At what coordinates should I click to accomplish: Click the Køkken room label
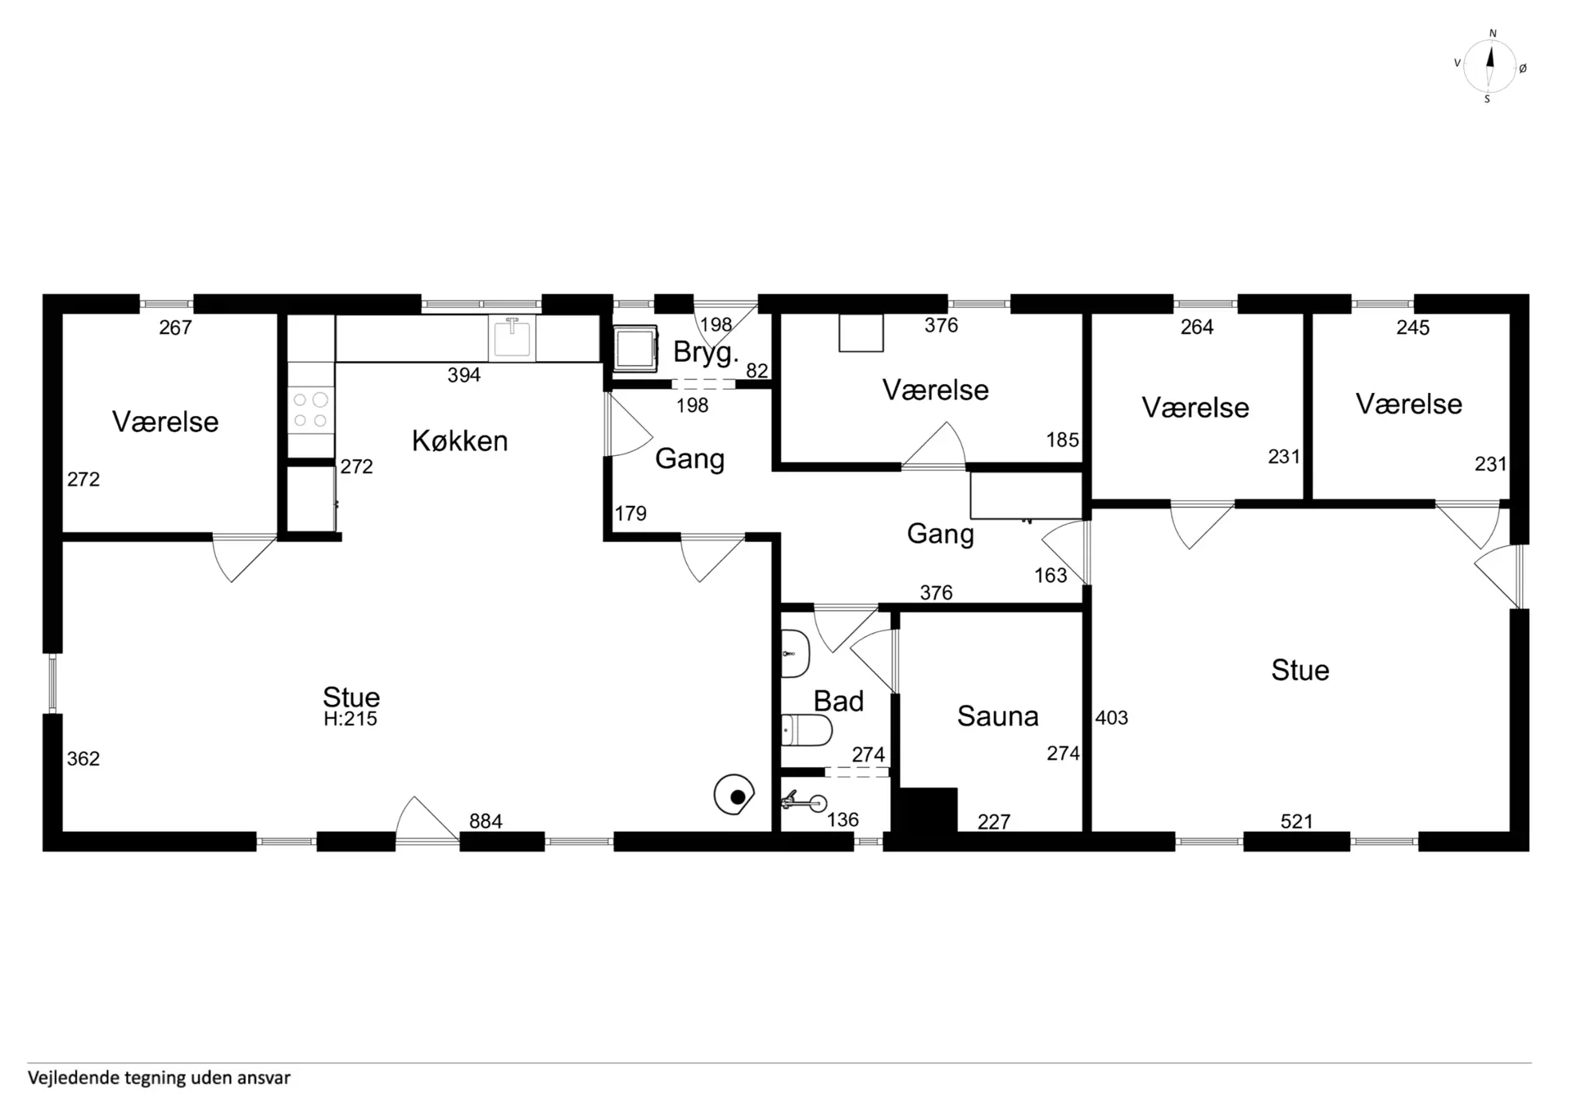[459, 441]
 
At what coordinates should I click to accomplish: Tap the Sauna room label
[997, 716]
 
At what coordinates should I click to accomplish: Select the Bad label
[838, 701]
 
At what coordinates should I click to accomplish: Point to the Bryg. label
[706, 353]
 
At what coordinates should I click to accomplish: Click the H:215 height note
[350, 719]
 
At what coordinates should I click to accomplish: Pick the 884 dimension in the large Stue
[486, 821]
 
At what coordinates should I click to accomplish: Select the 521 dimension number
[1297, 821]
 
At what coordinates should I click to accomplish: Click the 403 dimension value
[1112, 718]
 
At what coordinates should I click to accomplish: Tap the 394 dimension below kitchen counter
[463, 375]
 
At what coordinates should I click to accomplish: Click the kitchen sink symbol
[512, 337]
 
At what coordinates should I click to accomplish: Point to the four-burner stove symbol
[310, 409]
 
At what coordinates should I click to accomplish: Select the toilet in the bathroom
[806, 730]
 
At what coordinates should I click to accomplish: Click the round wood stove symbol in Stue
[734, 795]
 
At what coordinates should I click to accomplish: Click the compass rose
[1489, 66]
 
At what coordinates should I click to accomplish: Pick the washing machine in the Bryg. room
[635, 348]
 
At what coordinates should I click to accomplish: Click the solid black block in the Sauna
[928, 811]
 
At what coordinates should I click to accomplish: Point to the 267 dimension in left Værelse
[175, 327]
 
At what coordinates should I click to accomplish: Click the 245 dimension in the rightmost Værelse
[1412, 327]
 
